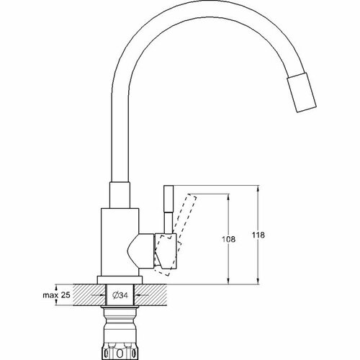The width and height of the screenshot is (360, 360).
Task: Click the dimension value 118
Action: [258, 235]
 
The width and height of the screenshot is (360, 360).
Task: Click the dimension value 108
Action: [229, 239]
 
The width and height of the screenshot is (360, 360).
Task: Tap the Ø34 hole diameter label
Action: [120, 295]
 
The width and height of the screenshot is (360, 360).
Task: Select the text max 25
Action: [56, 295]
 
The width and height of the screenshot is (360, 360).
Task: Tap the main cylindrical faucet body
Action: [120, 242]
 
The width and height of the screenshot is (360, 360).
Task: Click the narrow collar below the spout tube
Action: [120, 195]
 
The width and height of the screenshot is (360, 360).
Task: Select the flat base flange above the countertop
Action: [120, 280]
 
